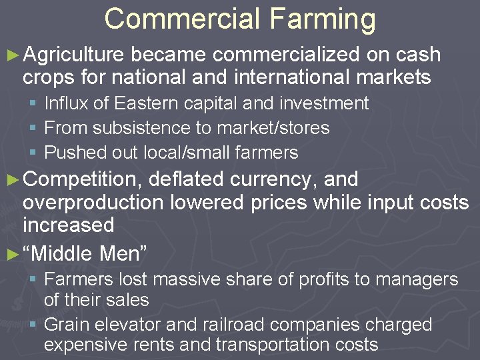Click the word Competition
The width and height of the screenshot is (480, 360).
tap(84, 179)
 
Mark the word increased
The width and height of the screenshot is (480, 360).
tap(68, 225)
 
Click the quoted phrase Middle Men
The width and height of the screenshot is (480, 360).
tap(85, 253)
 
